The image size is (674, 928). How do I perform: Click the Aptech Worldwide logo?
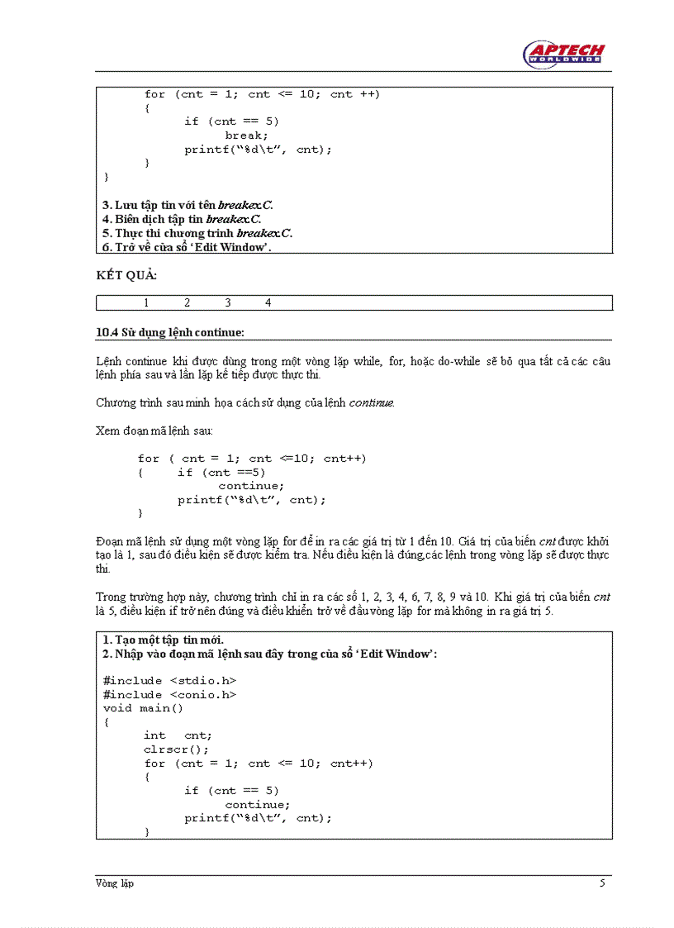pyautogui.click(x=564, y=54)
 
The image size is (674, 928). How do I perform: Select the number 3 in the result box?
pyautogui.click(x=228, y=303)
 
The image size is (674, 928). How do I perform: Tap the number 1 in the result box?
pyautogui.click(x=146, y=303)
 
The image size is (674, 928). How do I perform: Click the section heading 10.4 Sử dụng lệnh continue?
pyautogui.click(x=170, y=333)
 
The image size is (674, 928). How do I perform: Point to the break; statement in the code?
pyautogui.click(x=246, y=136)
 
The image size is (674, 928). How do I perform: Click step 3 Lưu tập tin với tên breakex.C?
pyautogui.click(x=187, y=205)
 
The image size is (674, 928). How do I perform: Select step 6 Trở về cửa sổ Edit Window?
pyautogui.click(x=187, y=247)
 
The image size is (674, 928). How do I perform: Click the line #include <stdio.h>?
pyautogui.click(x=170, y=681)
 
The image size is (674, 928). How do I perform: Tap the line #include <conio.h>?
pyautogui.click(x=170, y=695)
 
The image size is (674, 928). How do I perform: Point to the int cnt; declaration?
pyautogui.click(x=178, y=735)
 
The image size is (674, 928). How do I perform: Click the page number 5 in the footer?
pyautogui.click(x=602, y=883)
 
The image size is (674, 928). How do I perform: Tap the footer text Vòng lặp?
pyautogui.click(x=115, y=883)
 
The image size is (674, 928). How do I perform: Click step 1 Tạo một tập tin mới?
pyautogui.click(x=164, y=640)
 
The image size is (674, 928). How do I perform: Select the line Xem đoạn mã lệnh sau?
pyautogui.click(x=154, y=431)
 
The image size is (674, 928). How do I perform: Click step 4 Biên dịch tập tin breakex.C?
pyautogui.click(x=182, y=219)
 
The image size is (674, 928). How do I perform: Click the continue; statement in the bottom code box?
pyautogui.click(x=257, y=805)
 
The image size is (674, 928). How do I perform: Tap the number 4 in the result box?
pyautogui.click(x=268, y=303)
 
